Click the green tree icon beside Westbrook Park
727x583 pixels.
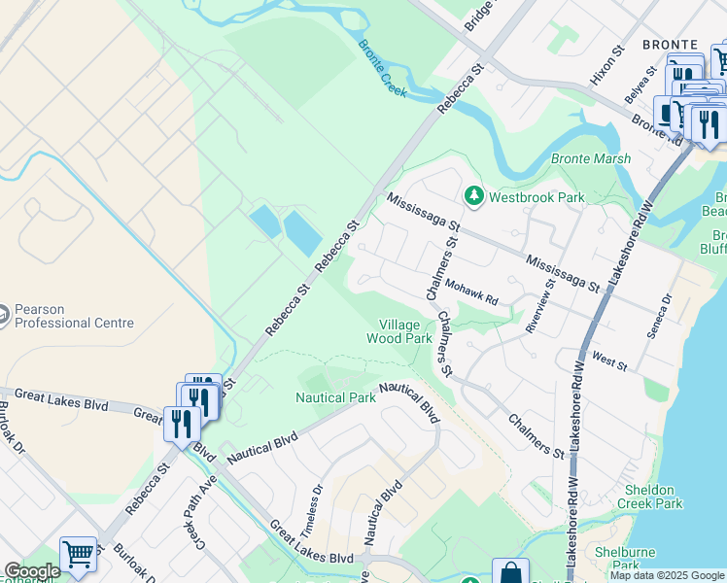474,196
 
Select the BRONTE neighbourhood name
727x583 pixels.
670,45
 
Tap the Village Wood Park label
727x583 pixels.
398,332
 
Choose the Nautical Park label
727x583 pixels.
335,397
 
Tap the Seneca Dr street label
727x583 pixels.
659,317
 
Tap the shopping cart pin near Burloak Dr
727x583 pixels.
79,555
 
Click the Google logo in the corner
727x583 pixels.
31,571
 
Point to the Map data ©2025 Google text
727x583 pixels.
667,575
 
